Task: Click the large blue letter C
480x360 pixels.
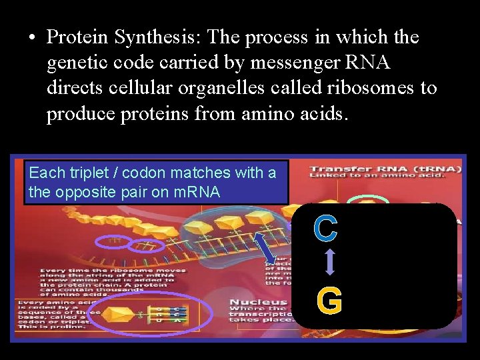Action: click(325, 229)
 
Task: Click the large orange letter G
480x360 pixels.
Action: click(329, 301)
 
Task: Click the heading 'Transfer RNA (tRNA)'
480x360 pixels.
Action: click(385, 169)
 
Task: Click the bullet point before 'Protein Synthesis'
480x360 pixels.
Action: click(32, 38)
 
